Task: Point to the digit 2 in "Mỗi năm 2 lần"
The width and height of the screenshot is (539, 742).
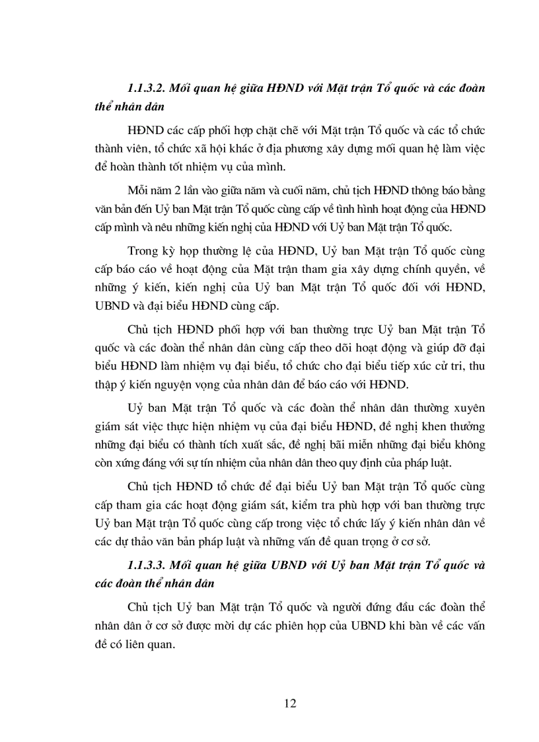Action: tap(184, 190)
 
